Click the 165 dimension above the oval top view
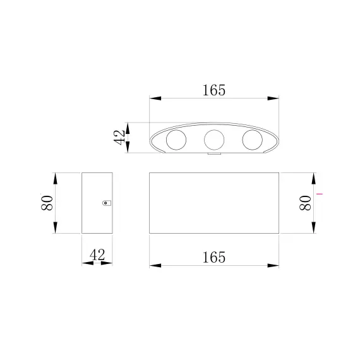point(213,90)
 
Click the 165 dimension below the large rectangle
point(213,257)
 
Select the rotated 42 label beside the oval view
point(118,137)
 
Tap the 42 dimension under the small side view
point(97,255)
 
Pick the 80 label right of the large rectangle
point(304,203)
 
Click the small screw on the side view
point(106,203)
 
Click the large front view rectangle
point(213,203)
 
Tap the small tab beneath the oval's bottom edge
point(213,153)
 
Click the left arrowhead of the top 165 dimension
point(155,99)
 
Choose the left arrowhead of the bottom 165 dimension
point(155,265)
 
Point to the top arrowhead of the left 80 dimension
point(56,177)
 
